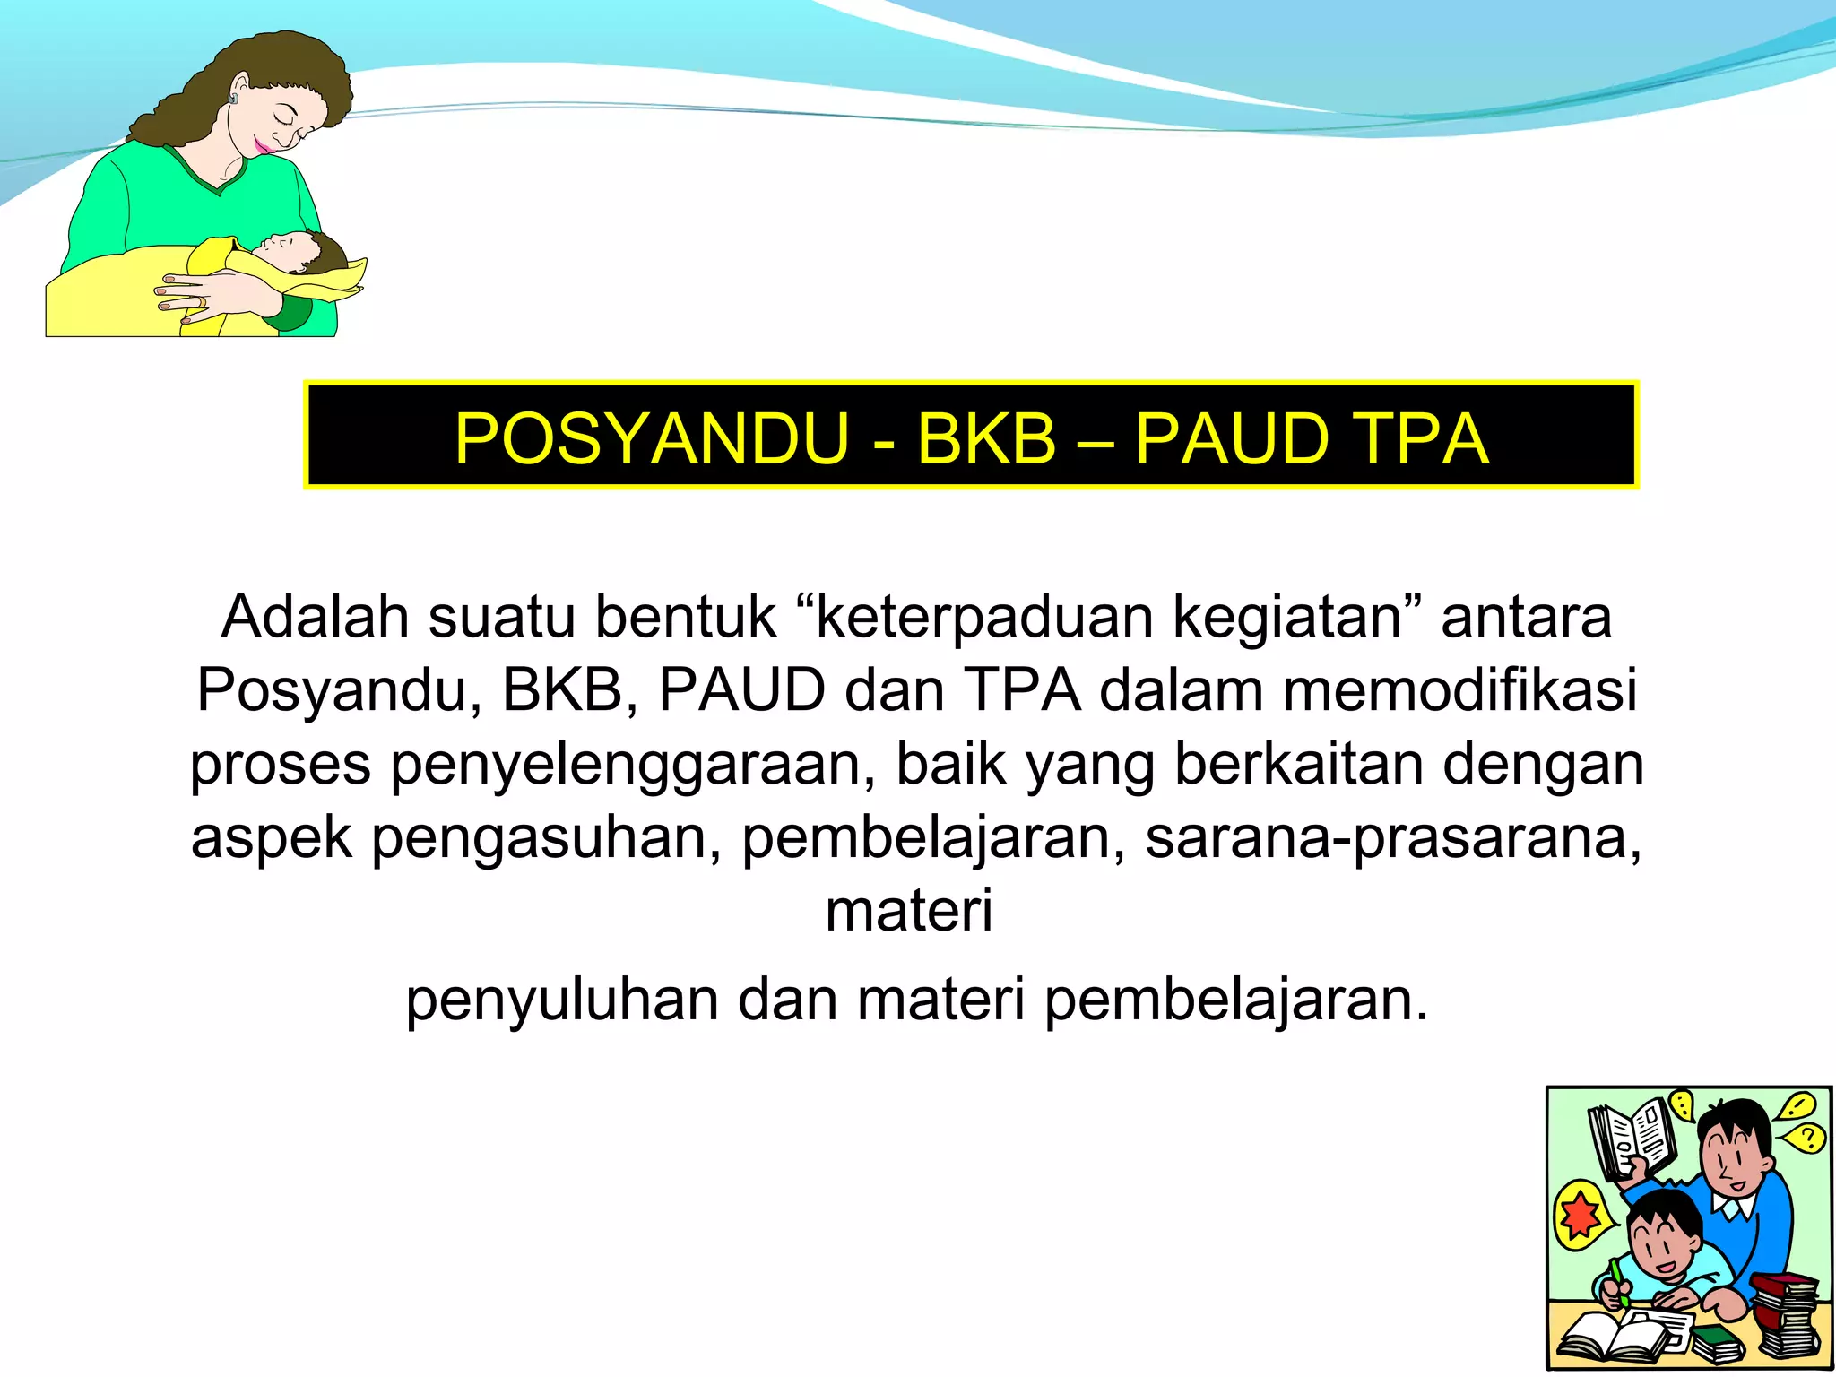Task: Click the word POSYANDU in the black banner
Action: tap(651, 439)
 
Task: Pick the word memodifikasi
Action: tap(1460, 690)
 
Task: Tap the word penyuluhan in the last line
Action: tap(562, 1000)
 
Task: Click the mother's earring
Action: tap(233, 98)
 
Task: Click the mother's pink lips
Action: tap(262, 144)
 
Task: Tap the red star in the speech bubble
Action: tap(1580, 1215)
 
